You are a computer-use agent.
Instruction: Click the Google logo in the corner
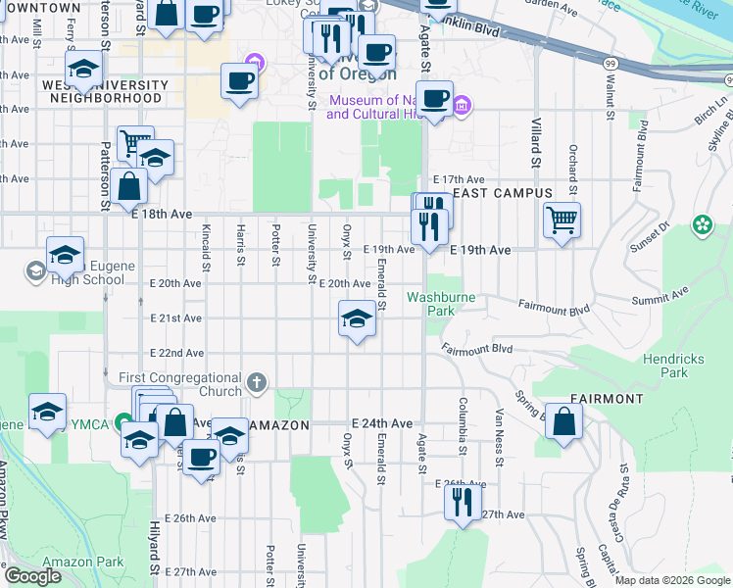[x=32, y=576]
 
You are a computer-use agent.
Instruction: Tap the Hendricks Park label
[x=673, y=366]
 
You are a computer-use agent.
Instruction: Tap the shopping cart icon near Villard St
[x=562, y=220]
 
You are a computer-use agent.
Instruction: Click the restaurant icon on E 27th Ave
[x=464, y=502]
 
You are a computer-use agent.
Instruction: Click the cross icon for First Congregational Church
[x=257, y=382]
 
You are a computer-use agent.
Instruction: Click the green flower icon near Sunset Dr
[x=702, y=225]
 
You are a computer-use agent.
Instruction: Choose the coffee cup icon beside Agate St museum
[x=435, y=98]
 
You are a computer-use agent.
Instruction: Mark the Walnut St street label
[x=609, y=103]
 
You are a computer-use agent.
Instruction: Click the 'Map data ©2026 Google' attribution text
[x=672, y=580]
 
